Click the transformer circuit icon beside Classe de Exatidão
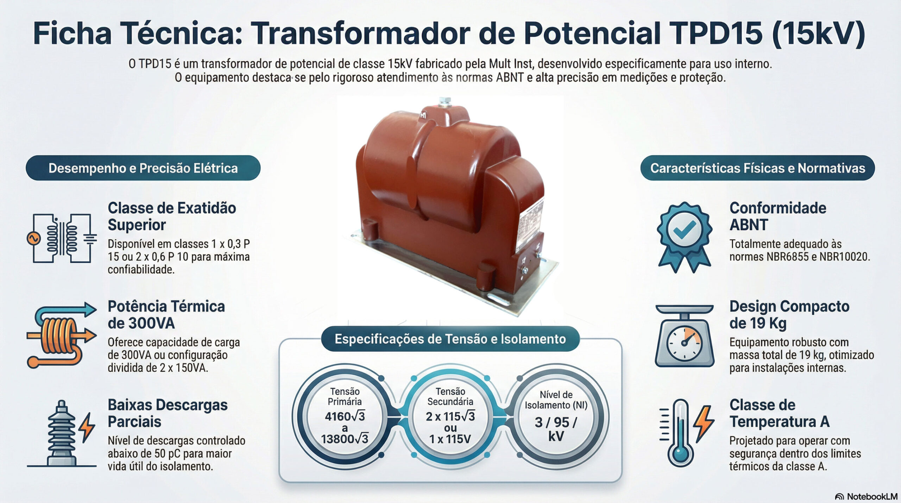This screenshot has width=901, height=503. click(x=62, y=238)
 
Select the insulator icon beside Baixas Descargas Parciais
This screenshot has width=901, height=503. click(x=62, y=433)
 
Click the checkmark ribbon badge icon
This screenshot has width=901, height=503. click(x=685, y=237)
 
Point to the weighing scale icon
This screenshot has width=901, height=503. click(x=685, y=336)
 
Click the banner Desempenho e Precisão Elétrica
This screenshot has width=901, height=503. click(x=143, y=168)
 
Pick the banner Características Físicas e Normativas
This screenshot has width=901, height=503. click(x=757, y=168)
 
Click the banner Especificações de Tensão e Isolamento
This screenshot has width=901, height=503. click(x=450, y=339)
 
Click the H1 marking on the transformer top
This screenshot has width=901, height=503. click(x=423, y=115)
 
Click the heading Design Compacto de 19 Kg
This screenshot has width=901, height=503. click(x=789, y=315)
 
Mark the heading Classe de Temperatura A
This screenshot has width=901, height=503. click(x=779, y=413)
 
